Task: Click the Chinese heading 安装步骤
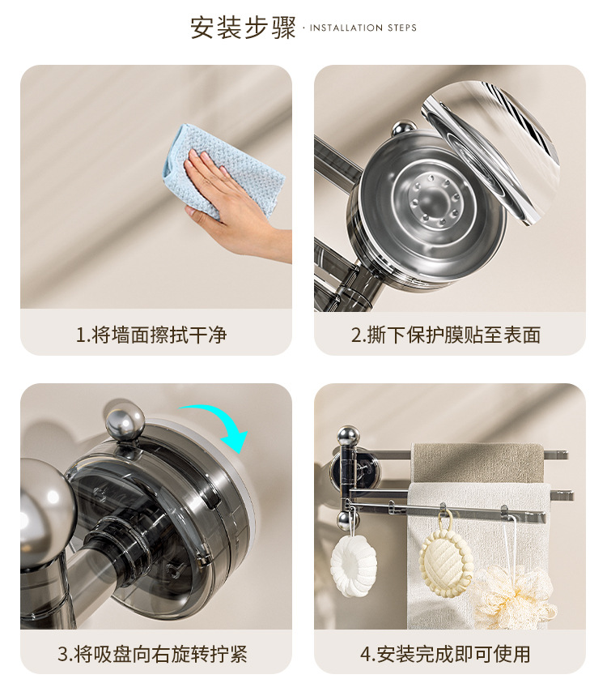(243, 28)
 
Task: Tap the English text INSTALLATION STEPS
(363, 28)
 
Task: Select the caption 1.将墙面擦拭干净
(151, 335)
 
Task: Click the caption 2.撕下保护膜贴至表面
(446, 335)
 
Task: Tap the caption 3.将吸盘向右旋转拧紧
(152, 654)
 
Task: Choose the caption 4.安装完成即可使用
(445, 654)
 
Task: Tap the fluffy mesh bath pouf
(515, 595)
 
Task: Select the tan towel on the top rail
(478, 463)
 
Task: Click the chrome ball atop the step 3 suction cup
(125, 419)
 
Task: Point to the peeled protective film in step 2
(490, 151)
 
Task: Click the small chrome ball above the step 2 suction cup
(405, 130)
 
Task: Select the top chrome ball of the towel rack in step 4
(348, 437)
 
